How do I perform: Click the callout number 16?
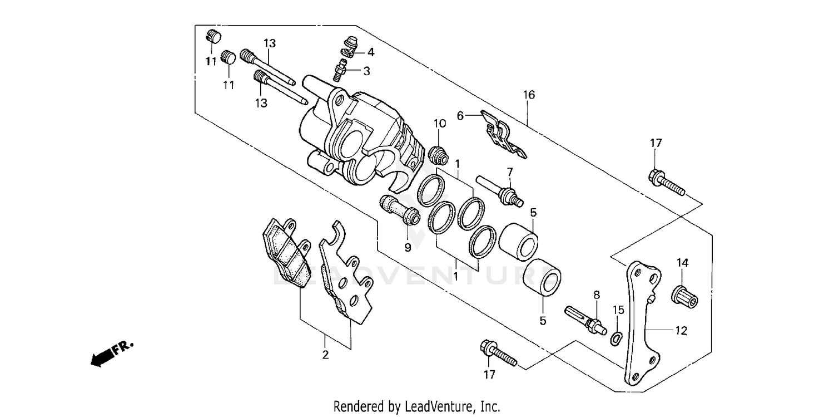[x=528, y=95]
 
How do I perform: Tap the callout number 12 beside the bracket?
[x=681, y=331]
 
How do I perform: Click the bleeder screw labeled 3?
[x=340, y=72]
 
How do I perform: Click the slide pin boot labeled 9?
[x=400, y=210]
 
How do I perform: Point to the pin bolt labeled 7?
[x=500, y=191]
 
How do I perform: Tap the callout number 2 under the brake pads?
[x=325, y=355]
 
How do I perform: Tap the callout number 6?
[x=460, y=115]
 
